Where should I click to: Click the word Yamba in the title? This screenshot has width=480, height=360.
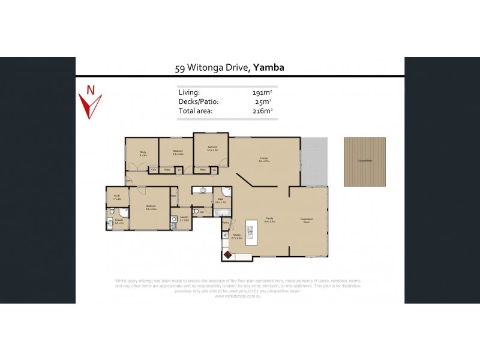point(268,67)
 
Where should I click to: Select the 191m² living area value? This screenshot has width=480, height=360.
point(262,92)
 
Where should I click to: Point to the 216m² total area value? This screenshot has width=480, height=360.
point(262,110)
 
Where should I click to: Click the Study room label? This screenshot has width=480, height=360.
point(143,152)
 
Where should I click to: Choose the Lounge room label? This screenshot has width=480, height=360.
point(263,159)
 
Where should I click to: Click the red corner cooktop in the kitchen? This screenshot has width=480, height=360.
point(228,255)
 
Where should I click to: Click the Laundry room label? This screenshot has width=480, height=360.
point(185,218)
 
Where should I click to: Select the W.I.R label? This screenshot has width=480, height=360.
point(118,196)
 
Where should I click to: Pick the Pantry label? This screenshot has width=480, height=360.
point(226,223)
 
